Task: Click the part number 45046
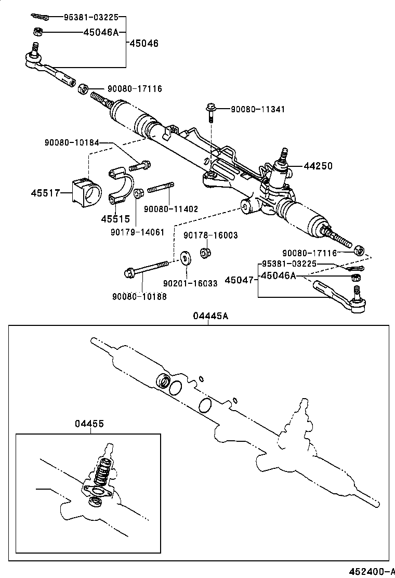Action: click(144, 43)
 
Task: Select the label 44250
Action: click(318, 166)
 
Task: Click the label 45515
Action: click(115, 219)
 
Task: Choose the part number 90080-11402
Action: click(171, 209)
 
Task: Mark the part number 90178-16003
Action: click(210, 235)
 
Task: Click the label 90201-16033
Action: click(190, 283)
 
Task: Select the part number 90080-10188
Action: click(139, 297)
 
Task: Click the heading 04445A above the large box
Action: click(211, 317)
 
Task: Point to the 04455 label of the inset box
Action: click(89, 424)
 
